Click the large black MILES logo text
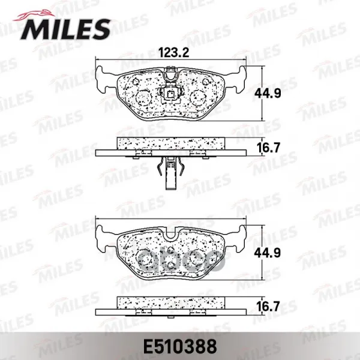pyautogui.click(x=65, y=29)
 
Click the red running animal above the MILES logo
pyautogui.click(x=34, y=15)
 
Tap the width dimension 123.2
pyautogui.click(x=174, y=53)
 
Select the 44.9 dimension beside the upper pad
pyautogui.click(x=268, y=94)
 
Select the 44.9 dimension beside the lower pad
pyautogui.click(x=268, y=253)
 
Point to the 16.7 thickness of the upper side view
pyautogui.click(x=268, y=148)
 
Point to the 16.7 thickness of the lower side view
pyautogui.click(x=268, y=307)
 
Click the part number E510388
pyautogui.click(x=180, y=346)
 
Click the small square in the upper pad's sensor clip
pyautogui.click(x=171, y=94)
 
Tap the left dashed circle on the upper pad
pyautogui.click(x=144, y=97)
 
